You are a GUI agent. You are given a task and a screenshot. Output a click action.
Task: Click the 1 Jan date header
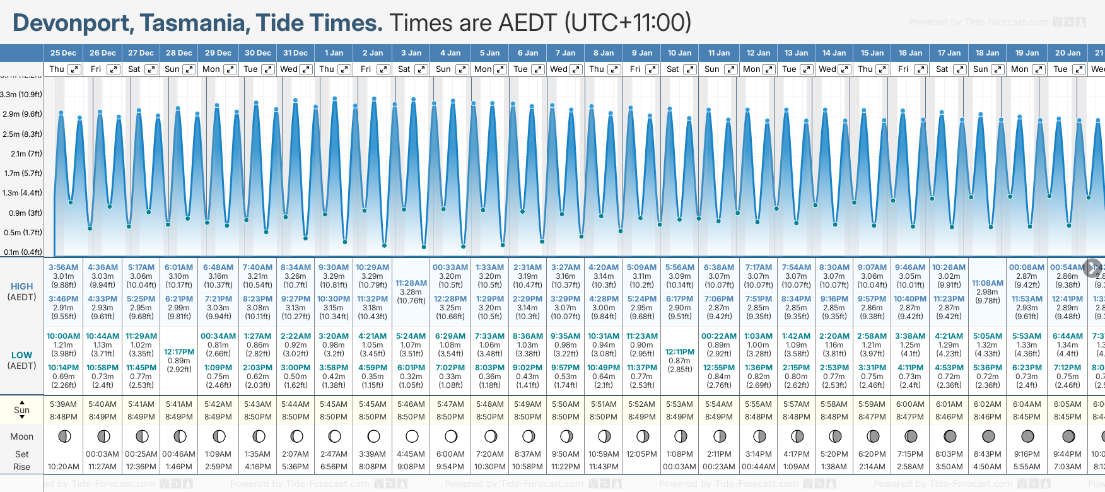tap(334, 53)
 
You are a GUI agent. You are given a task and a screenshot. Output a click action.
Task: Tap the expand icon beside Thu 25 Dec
tap(74, 69)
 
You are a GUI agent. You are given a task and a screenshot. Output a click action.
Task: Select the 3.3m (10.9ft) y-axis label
tap(21, 95)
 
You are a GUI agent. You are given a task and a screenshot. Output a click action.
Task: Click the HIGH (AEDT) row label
tap(21, 291)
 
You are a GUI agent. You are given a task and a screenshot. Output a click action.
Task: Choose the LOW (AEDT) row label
tap(21, 360)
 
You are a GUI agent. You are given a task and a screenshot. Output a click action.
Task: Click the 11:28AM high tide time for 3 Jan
tap(411, 283)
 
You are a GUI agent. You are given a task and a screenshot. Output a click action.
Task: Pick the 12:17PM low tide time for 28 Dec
tap(179, 352)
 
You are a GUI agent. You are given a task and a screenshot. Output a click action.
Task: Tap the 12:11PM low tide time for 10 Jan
tap(679, 352)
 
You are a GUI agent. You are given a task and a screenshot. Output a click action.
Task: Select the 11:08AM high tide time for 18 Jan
tap(987, 283)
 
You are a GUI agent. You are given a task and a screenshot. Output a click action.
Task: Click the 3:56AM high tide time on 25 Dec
tap(63, 267)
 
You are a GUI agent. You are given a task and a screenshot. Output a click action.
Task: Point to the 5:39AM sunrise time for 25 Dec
tap(63, 404)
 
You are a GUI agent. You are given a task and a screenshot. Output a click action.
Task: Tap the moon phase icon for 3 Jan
tap(412, 436)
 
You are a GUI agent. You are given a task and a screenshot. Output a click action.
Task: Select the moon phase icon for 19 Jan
tap(1027, 436)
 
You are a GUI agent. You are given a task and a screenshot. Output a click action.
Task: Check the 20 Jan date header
tap(1068, 53)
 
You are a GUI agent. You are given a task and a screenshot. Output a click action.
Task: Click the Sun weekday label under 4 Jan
tap(443, 69)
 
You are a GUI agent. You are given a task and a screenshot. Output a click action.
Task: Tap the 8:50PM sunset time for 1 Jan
tap(334, 417)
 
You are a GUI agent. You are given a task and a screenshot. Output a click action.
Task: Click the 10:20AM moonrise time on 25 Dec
tap(63, 467)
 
